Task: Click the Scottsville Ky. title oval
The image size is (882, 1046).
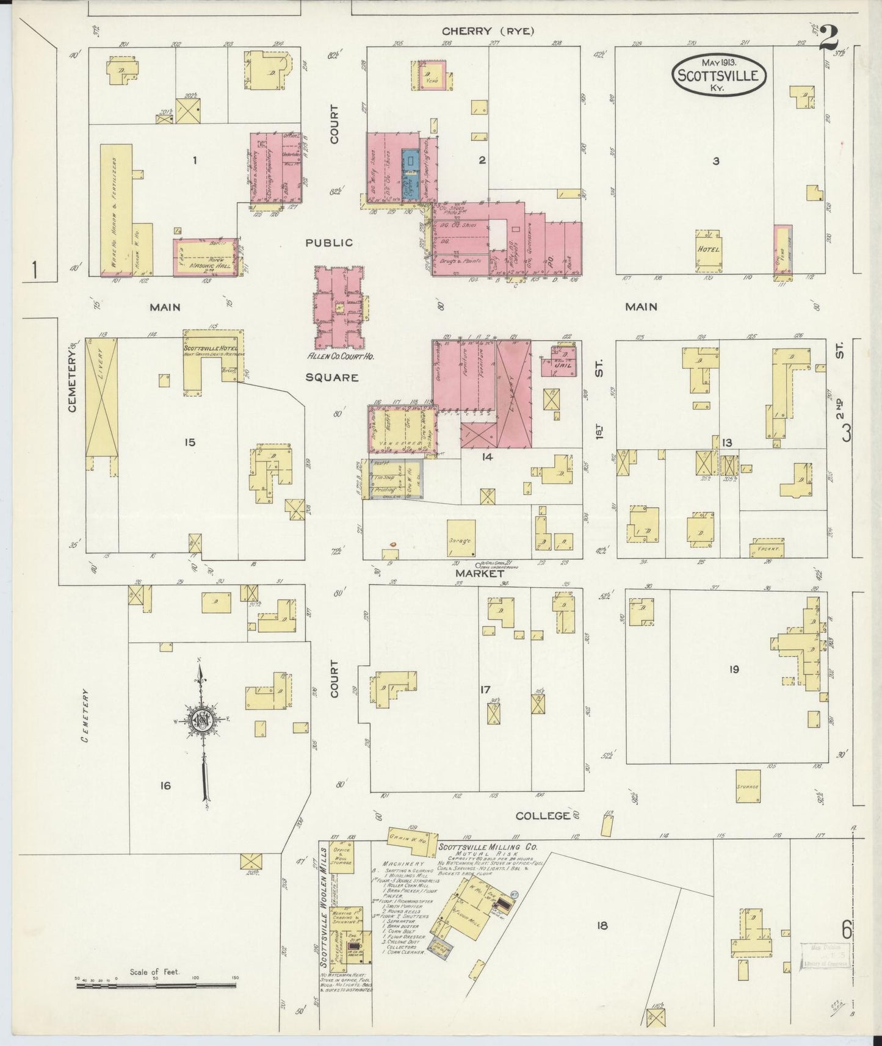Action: click(x=719, y=76)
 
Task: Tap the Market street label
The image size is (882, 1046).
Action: click(x=479, y=574)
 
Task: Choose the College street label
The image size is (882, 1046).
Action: click(x=543, y=815)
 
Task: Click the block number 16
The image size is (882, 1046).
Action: click(x=165, y=785)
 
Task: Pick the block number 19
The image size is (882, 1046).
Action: click(x=733, y=669)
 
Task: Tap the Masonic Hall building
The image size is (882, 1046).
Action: click(x=204, y=257)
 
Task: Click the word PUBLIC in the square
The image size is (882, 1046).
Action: click(x=329, y=242)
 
